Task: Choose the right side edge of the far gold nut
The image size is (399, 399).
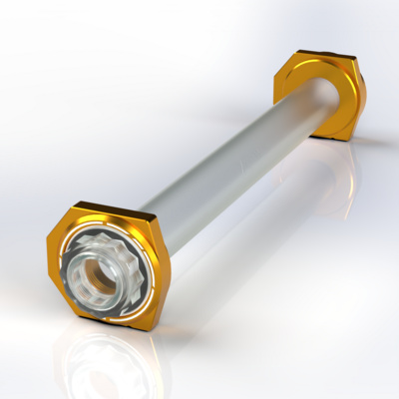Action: pos(361,95)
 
